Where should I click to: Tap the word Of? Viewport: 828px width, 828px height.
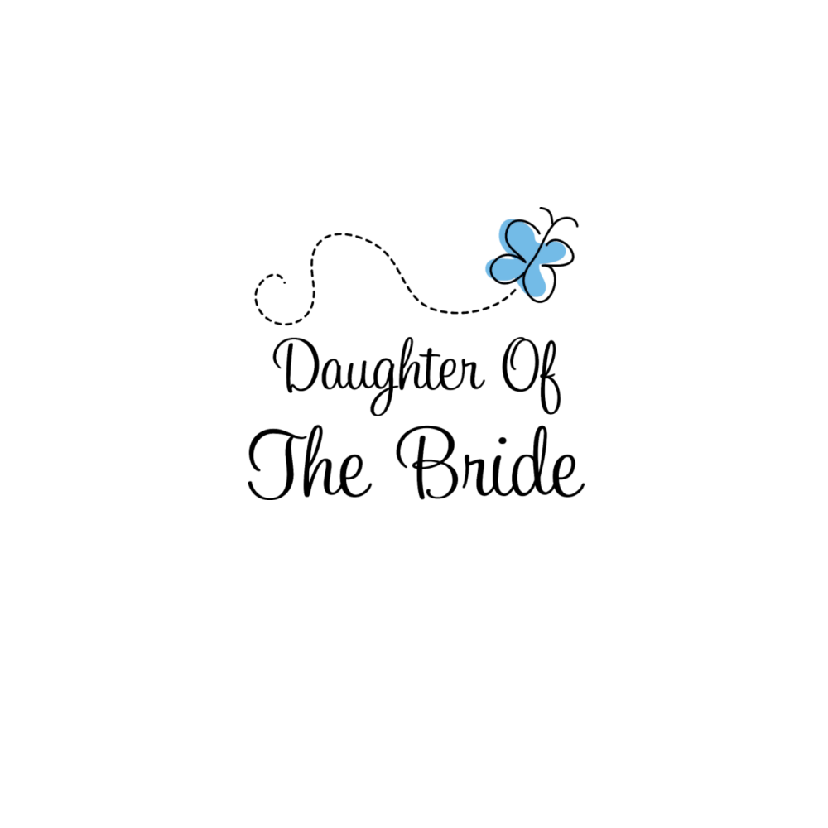click(531, 374)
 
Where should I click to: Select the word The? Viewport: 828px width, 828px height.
click(310, 464)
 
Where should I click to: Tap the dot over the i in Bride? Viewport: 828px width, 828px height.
click(503, 441)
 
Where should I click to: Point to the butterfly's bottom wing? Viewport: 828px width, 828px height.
click(539, 282)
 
